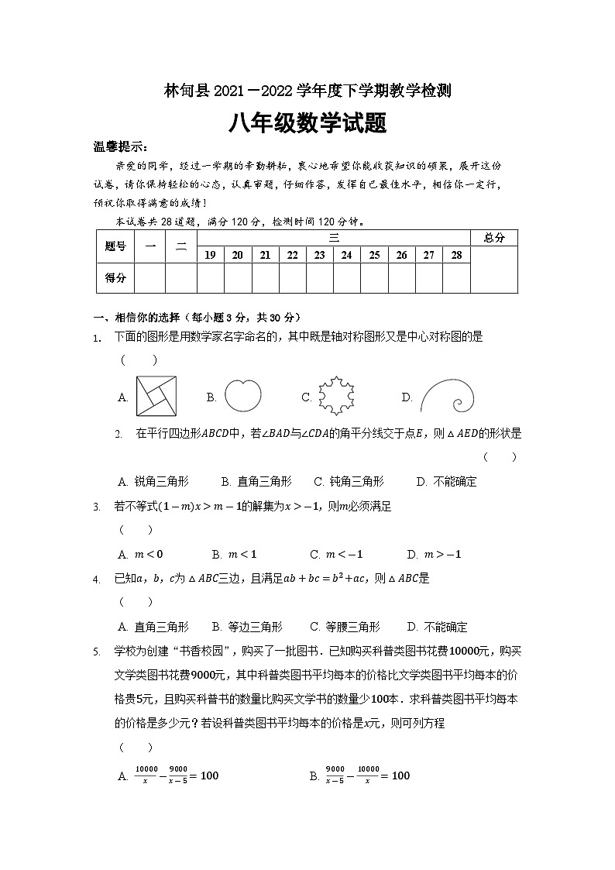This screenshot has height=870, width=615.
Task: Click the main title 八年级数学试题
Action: click(x=307, y=123)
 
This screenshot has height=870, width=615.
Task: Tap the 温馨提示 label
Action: click(x=120, y=147)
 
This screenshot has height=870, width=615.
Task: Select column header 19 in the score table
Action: click(x=210, y=255)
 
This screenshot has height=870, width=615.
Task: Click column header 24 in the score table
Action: click(x=346, y=255)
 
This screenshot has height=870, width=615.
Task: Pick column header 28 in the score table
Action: click(x=456, y=255)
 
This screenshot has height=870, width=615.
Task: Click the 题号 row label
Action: click(x=115, y=246)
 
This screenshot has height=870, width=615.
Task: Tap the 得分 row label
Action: click(x=115, y=277)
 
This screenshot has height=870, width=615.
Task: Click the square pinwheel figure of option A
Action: click(x=157, y=397)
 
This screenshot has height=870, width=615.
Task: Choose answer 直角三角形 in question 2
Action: click(x=256, y=481)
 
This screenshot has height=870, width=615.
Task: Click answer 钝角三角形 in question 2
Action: click(x=349, y=481)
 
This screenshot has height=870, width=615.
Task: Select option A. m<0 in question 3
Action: click(x=140, y=554)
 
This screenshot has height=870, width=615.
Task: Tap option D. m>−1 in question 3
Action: click(x=434, y=554)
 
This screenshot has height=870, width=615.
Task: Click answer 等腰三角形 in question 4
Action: click(x=345, y=627)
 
